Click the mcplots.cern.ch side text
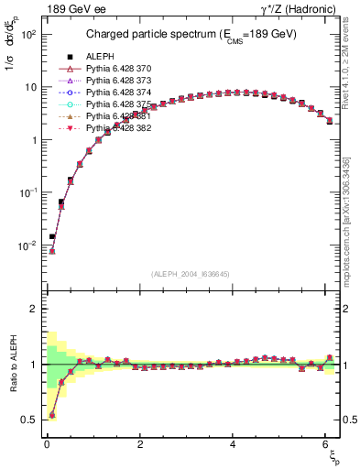point(353,220)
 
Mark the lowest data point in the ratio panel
point(51,415)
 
